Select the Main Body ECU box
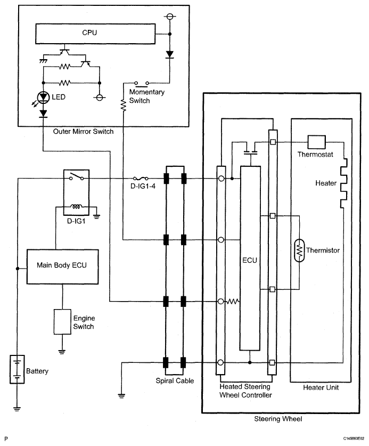point(63,265)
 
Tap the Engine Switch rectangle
point(63,321)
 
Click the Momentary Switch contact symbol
point(141,83)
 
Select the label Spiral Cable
point(175,381)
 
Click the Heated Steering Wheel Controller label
point(245,391)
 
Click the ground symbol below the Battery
point(18,408)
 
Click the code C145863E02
point(350,438)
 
